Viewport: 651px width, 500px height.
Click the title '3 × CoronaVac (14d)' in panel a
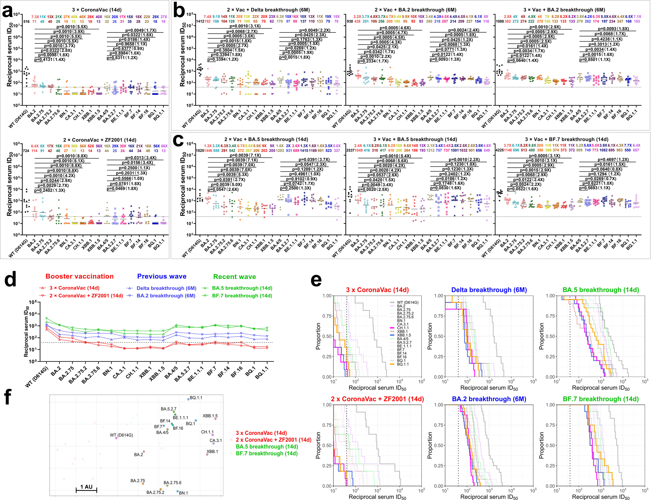[96, 10]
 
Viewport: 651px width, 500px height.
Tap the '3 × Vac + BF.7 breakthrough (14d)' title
[566, 139]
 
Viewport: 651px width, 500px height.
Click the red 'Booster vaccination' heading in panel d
[80, 276]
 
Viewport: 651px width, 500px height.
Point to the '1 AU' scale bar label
[86, 487]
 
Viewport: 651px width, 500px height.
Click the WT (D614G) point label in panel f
[121, 435]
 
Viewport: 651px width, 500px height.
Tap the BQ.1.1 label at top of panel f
[196, 397]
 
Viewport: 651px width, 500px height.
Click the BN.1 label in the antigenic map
[183, 493]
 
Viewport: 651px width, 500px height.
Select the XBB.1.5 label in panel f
[210, 416]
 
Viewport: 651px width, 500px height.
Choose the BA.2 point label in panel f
[138, 455]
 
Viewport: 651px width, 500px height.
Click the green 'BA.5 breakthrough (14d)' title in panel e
[600, 290]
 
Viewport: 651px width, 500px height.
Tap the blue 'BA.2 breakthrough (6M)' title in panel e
[489, 399]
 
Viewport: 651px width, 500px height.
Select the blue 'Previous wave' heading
[162, 276]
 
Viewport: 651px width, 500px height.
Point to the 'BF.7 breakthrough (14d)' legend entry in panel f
[267, 453]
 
